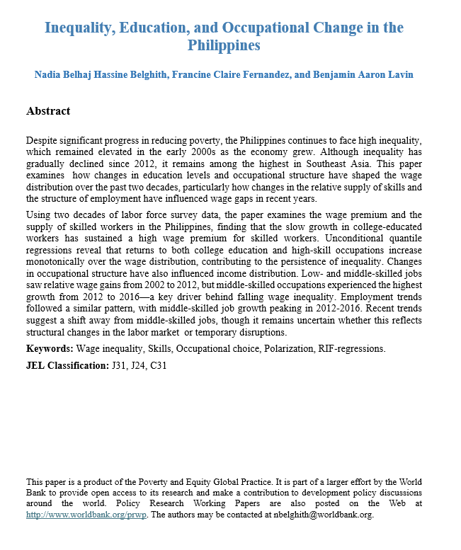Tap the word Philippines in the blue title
[224, 46]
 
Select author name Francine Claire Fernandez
[229, 75]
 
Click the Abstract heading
[48, 111]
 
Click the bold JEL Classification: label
[67, 365]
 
